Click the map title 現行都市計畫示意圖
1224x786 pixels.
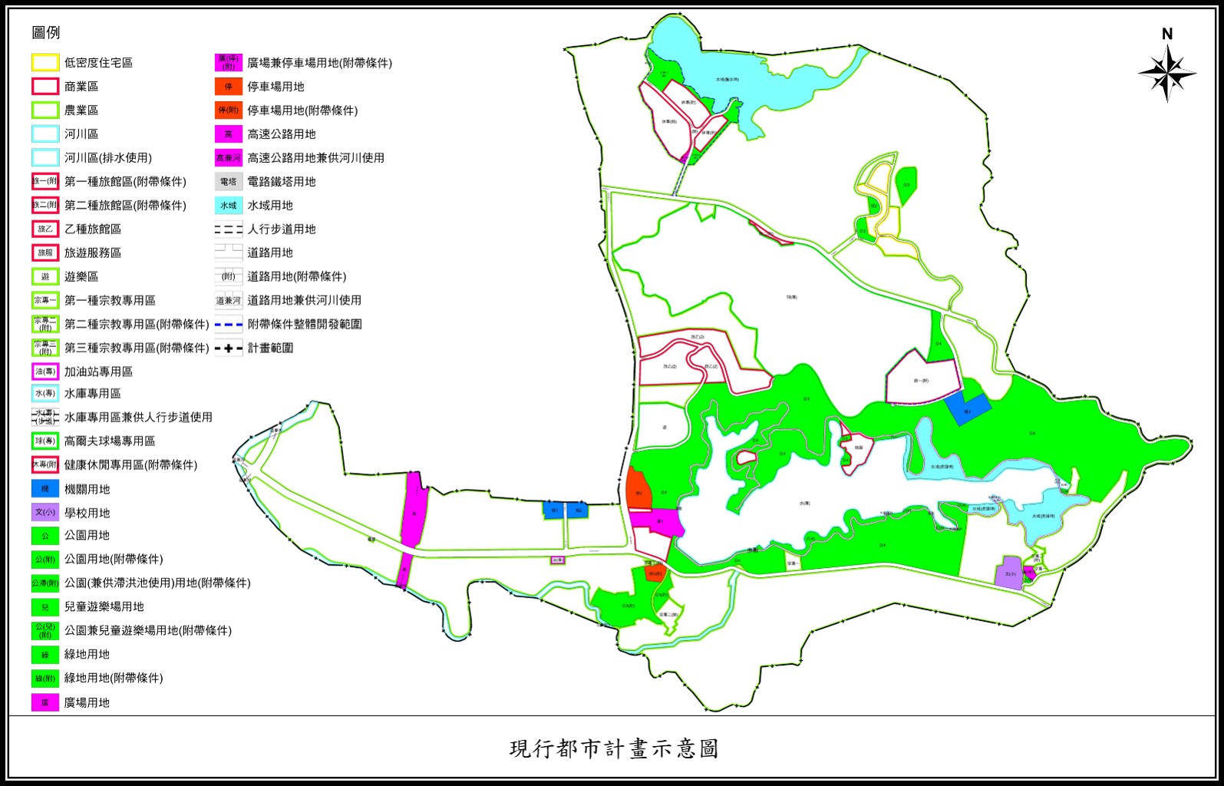pyautogui.click(x=613, y=748)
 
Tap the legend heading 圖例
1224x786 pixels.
pyautogui.click(x=46, y=32)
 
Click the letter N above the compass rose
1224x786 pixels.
pyautogui.click(x=1167, y=34)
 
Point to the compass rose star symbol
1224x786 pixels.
pyautogui.click(x=1167, y=74)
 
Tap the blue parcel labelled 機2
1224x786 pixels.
pyautogui.click(x=578, y=509)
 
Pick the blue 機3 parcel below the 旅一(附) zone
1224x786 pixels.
pyautogui.click(x=967, y=409)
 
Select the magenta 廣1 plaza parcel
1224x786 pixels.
pyautogui.click(x=658, y=522)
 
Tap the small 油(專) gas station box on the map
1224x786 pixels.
pyautogui.click(x=557, y=560)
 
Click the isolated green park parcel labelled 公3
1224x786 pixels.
pyautogui.click(x=906, y=184)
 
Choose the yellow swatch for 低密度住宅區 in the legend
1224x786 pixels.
pyautogui.click(x=45, y=62)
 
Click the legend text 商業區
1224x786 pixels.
pyautogui.click(x=81, y=87)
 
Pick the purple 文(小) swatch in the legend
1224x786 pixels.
pyautogui.click(x=45, y=512)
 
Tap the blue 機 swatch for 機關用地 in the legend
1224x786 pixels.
pyautogui.click(x=45, y=488)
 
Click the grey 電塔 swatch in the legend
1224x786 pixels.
pyautogui.click(x=229, y=182)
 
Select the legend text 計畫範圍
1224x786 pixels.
pyautogui.click(x=270, y=348)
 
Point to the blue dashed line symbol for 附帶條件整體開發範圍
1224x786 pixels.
pyautogui.click(x=229, y=324)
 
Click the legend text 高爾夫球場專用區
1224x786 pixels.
pyautogui.click(x=110, y=441)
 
